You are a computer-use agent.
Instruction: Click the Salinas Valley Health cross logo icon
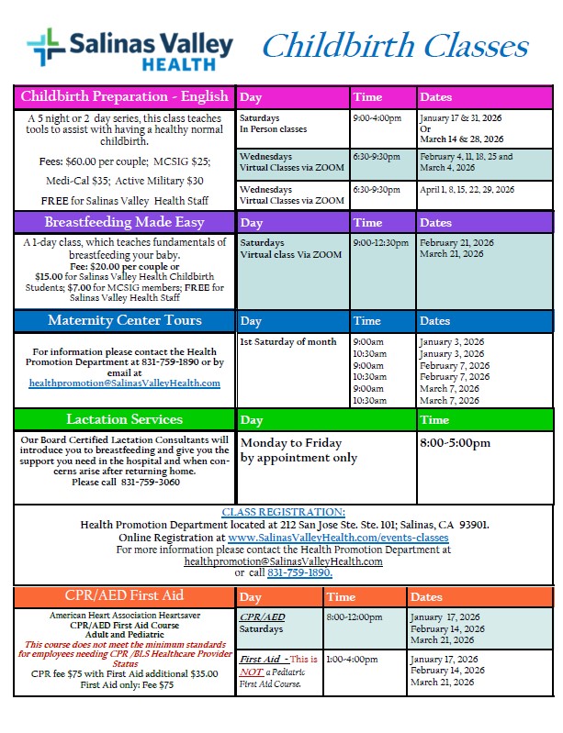(x=45, y=47)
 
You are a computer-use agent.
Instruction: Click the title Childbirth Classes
(x=395, y=47)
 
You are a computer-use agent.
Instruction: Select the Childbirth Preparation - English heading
(x=125, y=96)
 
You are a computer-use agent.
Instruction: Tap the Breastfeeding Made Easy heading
(x=125, y=222)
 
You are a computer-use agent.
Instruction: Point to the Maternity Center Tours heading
(x=125, y=321)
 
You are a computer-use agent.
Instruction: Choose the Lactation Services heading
(x=125, y=419)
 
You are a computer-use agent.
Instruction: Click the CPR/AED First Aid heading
(x=125, y=595)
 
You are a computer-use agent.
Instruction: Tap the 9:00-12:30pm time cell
(x=381, y=243)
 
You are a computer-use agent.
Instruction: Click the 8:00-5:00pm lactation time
(x=455, y=443)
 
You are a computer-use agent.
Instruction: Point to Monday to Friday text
(x=291, y=443)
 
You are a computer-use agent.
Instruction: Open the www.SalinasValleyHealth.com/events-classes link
(x=339, y=537)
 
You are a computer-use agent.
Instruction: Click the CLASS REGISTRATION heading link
(x=284, y=512)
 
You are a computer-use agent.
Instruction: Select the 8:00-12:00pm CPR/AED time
(x=355, y=617)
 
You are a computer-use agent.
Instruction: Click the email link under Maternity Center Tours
(x=125, y=383)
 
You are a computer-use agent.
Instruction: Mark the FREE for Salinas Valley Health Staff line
(x=125, y=201)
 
